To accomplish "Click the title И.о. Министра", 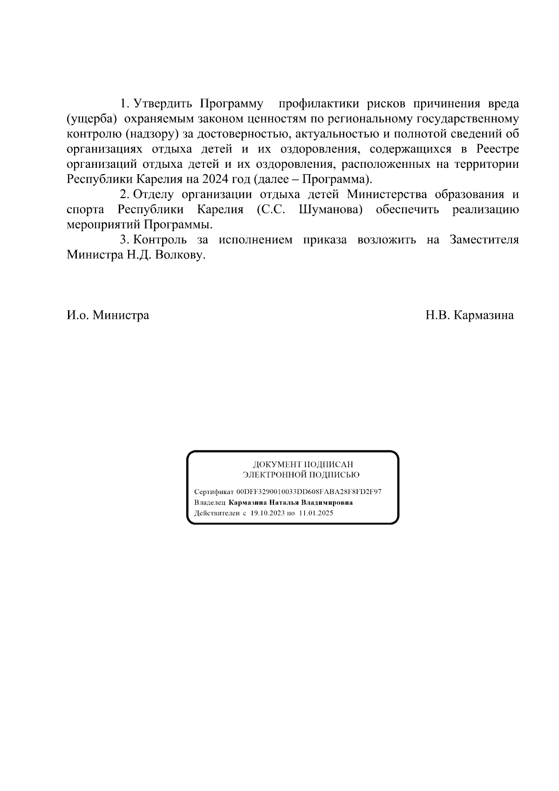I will (x=108, y=316).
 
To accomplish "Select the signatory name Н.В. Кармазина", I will (x=469, y=316).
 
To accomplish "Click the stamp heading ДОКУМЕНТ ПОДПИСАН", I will (x=303, y=464).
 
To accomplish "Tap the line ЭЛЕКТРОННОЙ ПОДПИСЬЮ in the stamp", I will (x=301, y=475).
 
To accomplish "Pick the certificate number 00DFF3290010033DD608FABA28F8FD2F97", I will (x=309, y=492).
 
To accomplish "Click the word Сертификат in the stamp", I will (x=214, y=492).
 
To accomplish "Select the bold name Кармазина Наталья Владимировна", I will (x=291, y=502).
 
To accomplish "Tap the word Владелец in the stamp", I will (x=210, y=502).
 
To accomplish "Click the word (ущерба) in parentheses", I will (x=91, y=118).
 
